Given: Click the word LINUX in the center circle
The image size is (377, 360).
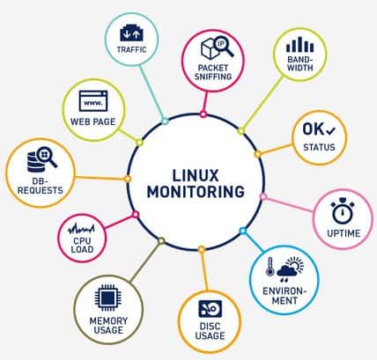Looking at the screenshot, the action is (x=196, y=175).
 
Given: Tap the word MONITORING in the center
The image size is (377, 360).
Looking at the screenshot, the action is (x=196, y=192).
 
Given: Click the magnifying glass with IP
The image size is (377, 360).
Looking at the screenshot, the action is (x=222, y=47).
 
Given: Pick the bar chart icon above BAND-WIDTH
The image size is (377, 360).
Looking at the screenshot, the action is (x=299, y=44).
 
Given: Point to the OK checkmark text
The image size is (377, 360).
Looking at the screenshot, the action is (x=319, y=129).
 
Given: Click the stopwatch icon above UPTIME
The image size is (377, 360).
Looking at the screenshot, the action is (x=343, y=210).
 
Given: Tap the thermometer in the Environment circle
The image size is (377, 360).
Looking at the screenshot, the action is (x=270, y=267).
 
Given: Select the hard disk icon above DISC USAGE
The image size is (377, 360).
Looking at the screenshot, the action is (x=211, y=309).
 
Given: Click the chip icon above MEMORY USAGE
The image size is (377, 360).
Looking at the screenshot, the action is (x=108, y=298).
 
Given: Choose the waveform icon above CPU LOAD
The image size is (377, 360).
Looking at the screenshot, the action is (x=81, y=229).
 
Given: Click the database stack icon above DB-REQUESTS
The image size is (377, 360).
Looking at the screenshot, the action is (x=35, y=162).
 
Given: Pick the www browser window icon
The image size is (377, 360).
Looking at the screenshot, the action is (x=93, y=101).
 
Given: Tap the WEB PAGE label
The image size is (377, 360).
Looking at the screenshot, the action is (x=93, y=121).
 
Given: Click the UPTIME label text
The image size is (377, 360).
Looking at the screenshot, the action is (x=344, y=233).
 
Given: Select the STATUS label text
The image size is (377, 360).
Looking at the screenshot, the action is (x=319, y=147).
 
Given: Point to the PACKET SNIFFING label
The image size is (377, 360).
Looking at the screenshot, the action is (x=213, y=72).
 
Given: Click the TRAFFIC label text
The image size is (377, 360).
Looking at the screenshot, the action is (x=131, y=49).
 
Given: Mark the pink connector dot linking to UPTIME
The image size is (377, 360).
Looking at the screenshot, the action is (x=263, y=197).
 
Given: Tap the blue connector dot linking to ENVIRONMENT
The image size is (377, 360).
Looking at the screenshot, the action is (x=243, y=231).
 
